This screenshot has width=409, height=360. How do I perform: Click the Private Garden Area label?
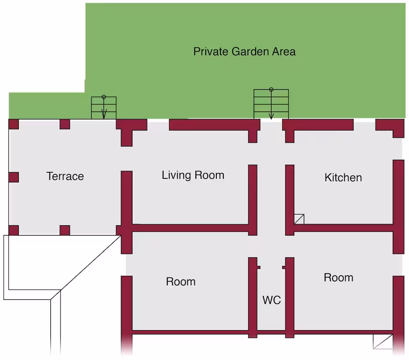pos(245,52)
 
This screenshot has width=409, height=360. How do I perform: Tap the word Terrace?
pos(65,176)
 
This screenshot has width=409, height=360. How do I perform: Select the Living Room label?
pos(193,175)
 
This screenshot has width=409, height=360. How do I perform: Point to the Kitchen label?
pos(343,178)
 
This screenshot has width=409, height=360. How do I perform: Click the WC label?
pos(272,300)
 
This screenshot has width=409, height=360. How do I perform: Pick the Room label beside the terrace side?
pos(181,282)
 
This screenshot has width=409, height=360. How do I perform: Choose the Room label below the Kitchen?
pos(339,277)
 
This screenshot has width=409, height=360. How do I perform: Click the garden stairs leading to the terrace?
pos(104,108)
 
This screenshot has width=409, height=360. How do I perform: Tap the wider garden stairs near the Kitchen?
pos(271,104)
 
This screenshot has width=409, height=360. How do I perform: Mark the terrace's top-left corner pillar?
pos(13,124)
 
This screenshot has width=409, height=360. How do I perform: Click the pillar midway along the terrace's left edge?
pos(13,177)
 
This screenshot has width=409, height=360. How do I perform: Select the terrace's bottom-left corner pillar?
pos(13,230)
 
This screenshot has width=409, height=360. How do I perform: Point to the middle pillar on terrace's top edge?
pos(65,124)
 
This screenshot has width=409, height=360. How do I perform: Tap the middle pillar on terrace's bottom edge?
pos(65,230)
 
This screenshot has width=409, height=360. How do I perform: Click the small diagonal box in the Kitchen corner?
pos(299,219)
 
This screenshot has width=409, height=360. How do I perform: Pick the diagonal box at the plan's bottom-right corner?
pos(383,342)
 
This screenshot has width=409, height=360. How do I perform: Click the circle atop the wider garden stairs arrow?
pos(271,90)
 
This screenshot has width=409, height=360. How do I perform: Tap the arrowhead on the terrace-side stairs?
pos(104,115)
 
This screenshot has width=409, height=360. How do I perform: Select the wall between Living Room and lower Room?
pos(191,228)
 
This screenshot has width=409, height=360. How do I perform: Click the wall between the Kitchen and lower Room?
pos(344,228)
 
